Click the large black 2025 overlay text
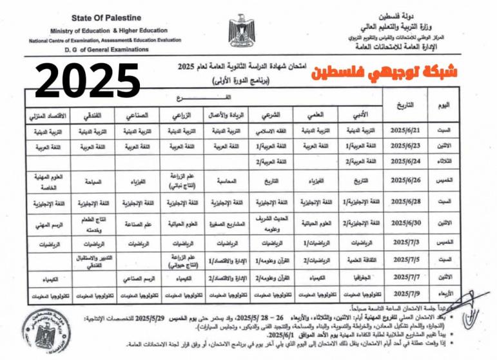click(x=88, y=81)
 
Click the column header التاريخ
click(x=403, y=104)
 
